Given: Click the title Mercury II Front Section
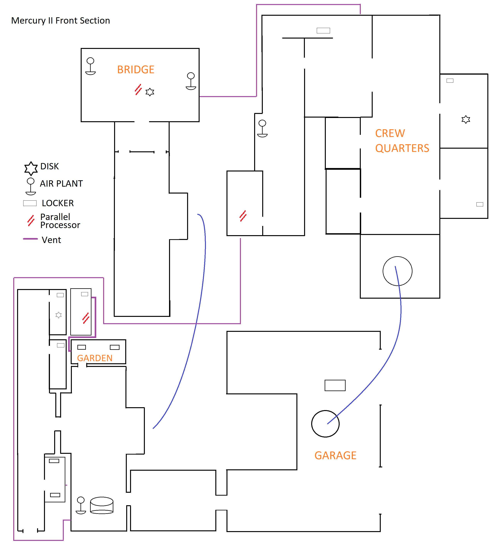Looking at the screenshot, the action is pos(61,21).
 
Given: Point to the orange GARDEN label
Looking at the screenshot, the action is pos(95,358).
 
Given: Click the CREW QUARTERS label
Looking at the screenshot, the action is pos(402,141).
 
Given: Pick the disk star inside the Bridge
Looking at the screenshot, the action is pos(150,92).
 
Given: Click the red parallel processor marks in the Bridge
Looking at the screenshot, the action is pos(138,90).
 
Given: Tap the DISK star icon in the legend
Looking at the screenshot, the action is pos(31,168).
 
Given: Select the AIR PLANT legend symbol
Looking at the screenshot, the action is pos(31,186).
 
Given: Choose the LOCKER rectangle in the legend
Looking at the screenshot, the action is pos(30,203).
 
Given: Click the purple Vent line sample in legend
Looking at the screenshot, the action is pos(30,239).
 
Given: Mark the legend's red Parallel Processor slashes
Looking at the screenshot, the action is pos(31,220).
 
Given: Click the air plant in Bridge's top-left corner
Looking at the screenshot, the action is pos(90,66).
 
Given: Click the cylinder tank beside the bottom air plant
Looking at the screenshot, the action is pos(102,505).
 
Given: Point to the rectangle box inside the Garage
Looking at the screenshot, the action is pos(335,385).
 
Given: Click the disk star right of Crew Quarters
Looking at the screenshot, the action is pos(466,119).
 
